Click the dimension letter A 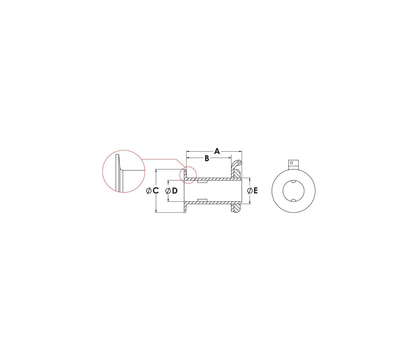click(217, 151)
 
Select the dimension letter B click(207, 158)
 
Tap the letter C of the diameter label click(156, 191)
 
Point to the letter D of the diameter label click(175, 191)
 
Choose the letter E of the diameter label click(256, 191)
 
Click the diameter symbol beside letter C click(149, 191)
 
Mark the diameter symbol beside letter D click(168, 191)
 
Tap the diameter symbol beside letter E click(250, 191)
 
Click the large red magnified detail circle click(103, 171)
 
